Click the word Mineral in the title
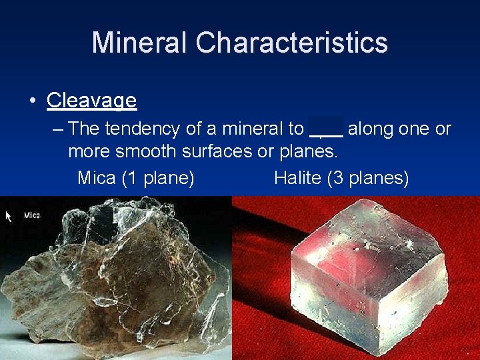[140, 43]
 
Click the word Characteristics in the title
[291, 43]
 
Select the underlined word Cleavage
[91, 101]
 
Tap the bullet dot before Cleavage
[32, 101]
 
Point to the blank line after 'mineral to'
[326, 129]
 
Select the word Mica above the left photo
[96, 178]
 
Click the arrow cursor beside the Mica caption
[9, 216]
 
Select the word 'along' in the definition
[370, 128]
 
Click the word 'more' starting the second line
[89, 151]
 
